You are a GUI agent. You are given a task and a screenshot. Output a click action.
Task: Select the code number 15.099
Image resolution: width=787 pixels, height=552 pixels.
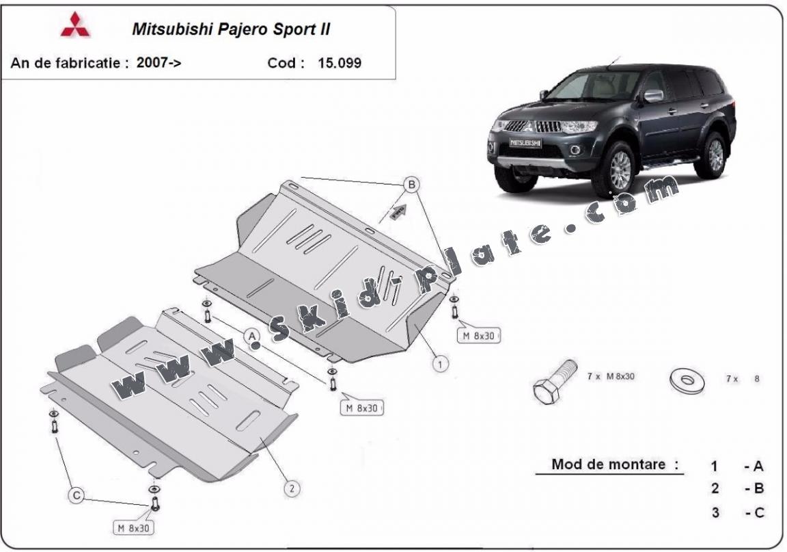(340, 64)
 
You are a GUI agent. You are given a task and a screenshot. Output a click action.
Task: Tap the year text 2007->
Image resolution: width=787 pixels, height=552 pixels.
(159, 64)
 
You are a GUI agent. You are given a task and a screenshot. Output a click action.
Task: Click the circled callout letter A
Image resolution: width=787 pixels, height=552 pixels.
(251, 336)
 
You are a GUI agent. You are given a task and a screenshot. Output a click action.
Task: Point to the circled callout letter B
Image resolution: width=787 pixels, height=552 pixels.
(411, 184)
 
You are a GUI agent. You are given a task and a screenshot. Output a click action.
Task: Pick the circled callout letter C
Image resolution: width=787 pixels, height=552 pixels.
(77, 495)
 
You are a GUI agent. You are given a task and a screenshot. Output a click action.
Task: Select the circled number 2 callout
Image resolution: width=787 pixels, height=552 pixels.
(292, 488)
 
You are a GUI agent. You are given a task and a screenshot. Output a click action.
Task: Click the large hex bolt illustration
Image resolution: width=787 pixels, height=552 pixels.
(554, 380)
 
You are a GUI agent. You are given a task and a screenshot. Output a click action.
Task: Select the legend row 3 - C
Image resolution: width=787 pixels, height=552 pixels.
(736, 512)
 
